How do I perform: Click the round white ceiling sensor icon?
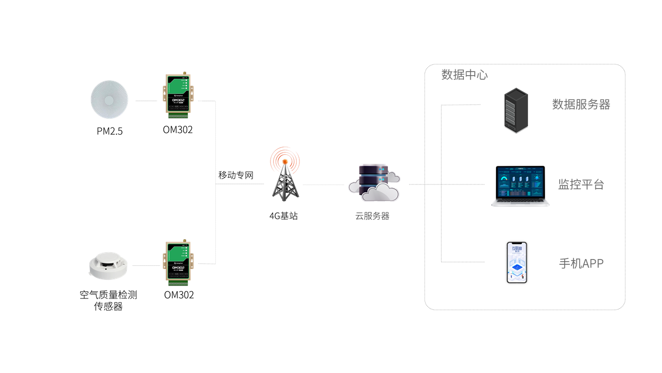pyautogui.click(x=109, y=99)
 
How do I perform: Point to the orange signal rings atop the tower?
pyautogui.click(x=285, y=157)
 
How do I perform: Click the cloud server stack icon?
pyautogui.click(x=374, y=182)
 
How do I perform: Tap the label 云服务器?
pyautogui.click(x=372, y=217)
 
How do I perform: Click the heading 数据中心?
pyautogui.click(x=464, y=75)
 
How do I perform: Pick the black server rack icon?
pyautogui.click(x=516, y=110)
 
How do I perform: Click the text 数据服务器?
pyautogui.click(x=581, y=105)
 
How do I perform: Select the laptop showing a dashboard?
pyautogui.click(x=520, y=186)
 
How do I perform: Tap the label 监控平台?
pyautogui.click(x=581, y=184)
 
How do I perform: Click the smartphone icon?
pyautogui.click(x=517, y=262)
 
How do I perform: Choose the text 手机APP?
pyautogui.click(x=581, y=263)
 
